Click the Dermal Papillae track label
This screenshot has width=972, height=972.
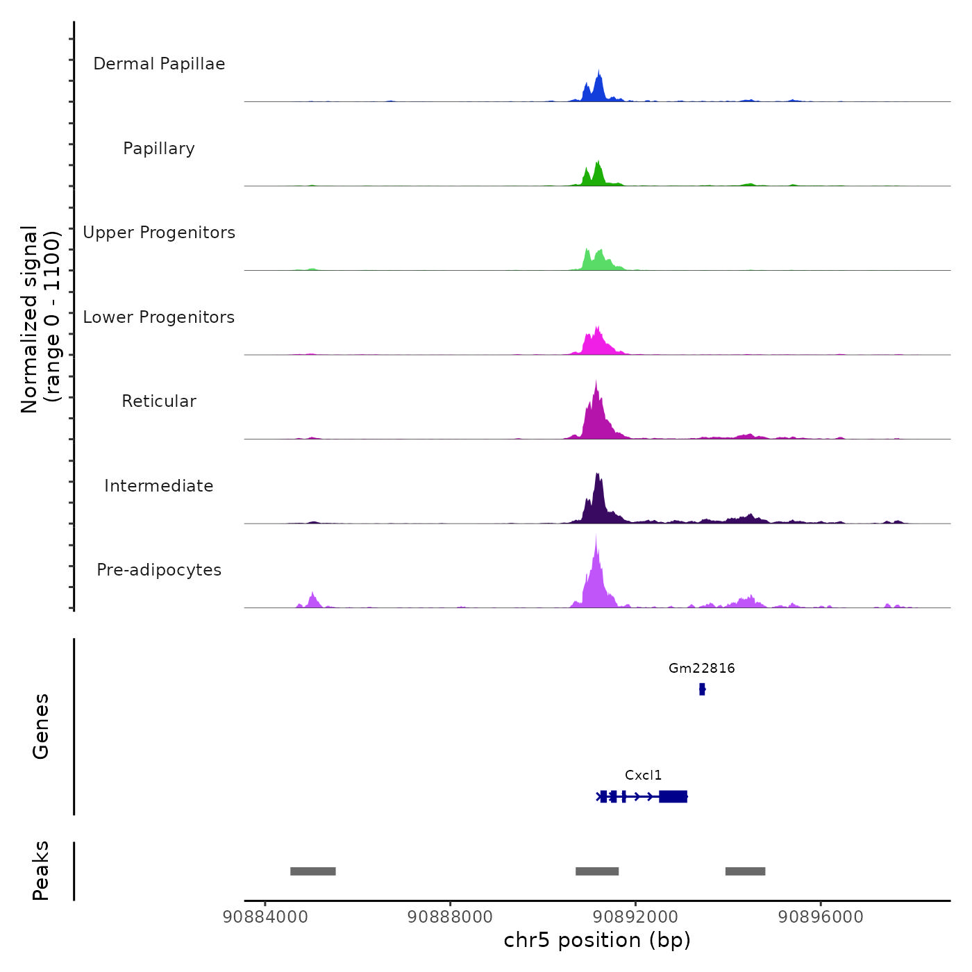pos(159,64)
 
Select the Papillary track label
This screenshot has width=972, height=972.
pos(159,149)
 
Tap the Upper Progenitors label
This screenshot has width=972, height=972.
pos(159,233)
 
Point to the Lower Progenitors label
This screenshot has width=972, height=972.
pos(159,317)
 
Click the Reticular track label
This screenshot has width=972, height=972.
pos(159,401)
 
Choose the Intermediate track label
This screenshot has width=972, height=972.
pos(159,486)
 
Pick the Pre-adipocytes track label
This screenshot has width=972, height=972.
pos(159,570)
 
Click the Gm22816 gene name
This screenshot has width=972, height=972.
pos(701,669)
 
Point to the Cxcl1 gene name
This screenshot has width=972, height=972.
pos(643,776)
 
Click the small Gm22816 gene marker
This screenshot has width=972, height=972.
pos(702,689)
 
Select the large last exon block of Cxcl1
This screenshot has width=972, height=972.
pos(673,796)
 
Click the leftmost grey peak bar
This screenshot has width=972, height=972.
pos(312,871)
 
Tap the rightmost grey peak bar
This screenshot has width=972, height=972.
pos(745,871)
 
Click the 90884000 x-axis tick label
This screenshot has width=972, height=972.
pos(265,917)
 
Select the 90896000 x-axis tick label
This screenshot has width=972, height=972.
pos(821,917)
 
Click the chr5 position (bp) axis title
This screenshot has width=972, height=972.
pos(597,941)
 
